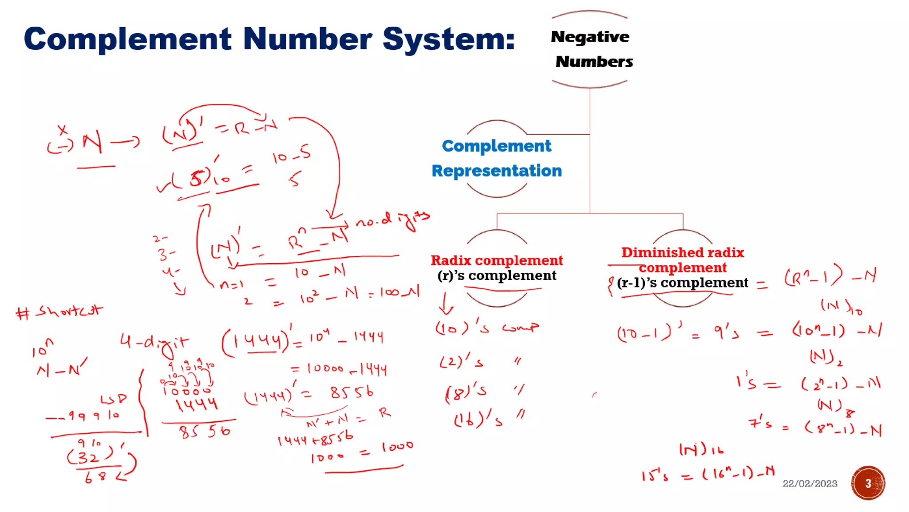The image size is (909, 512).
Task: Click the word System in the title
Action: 448,39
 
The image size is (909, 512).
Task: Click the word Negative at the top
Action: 590,37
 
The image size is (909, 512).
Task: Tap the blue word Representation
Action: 497,171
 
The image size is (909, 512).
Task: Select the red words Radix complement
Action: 497,260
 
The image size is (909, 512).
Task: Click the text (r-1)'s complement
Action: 682,283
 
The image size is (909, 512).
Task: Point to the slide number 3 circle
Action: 868,483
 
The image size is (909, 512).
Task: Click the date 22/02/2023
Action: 810,484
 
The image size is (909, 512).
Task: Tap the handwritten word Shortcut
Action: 69,311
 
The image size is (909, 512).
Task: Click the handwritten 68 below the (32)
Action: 96,477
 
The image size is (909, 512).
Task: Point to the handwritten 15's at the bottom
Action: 655,476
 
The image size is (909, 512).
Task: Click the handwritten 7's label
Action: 760,422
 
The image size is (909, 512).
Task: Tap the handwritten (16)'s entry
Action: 478,419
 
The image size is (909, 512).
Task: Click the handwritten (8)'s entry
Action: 466,392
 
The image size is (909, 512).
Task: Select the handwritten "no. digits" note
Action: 393,220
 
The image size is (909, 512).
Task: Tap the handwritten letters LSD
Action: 113,399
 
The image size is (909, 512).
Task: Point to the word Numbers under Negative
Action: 594,61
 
